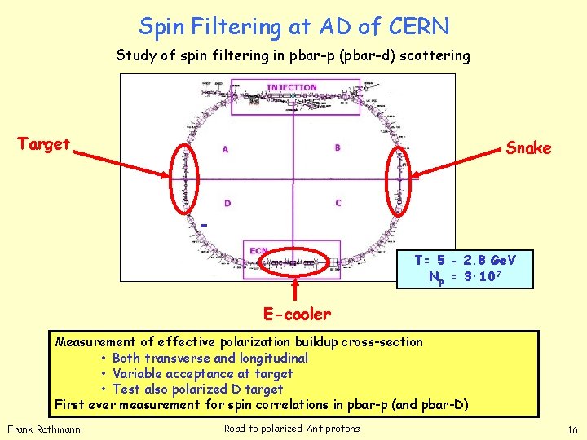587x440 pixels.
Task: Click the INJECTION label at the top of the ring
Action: [291, 87]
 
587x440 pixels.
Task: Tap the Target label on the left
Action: [44, 144]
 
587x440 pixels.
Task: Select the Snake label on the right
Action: [528, 148]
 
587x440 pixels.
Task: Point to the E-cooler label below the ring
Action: [296, 314]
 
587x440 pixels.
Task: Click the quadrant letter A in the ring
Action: [225, 149]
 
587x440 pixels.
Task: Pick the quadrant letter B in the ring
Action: [338, 147]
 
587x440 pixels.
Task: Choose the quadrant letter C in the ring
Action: [338, 203]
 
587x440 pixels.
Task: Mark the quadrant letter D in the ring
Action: [227, 204]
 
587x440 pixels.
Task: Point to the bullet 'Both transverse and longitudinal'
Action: [210, 358]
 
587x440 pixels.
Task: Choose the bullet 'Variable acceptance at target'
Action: [202, 373]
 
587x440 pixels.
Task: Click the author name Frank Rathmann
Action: [44, 429]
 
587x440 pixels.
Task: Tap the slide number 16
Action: [572, 429]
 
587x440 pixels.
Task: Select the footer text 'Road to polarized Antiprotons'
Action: [292, 429]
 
